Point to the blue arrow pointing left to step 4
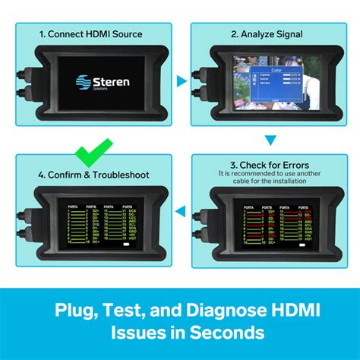[x=179, y=223]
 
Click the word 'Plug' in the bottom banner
[x=72, y=311]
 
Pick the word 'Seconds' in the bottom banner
[x=231, y=332]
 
